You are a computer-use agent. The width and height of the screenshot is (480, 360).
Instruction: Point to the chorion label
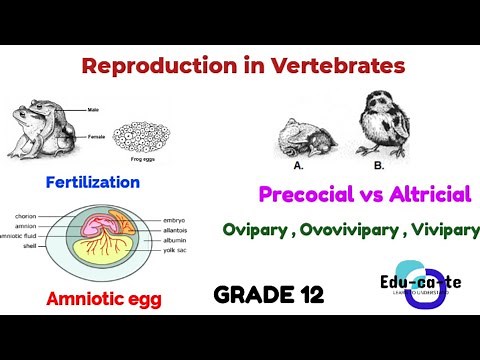point(26,213)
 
